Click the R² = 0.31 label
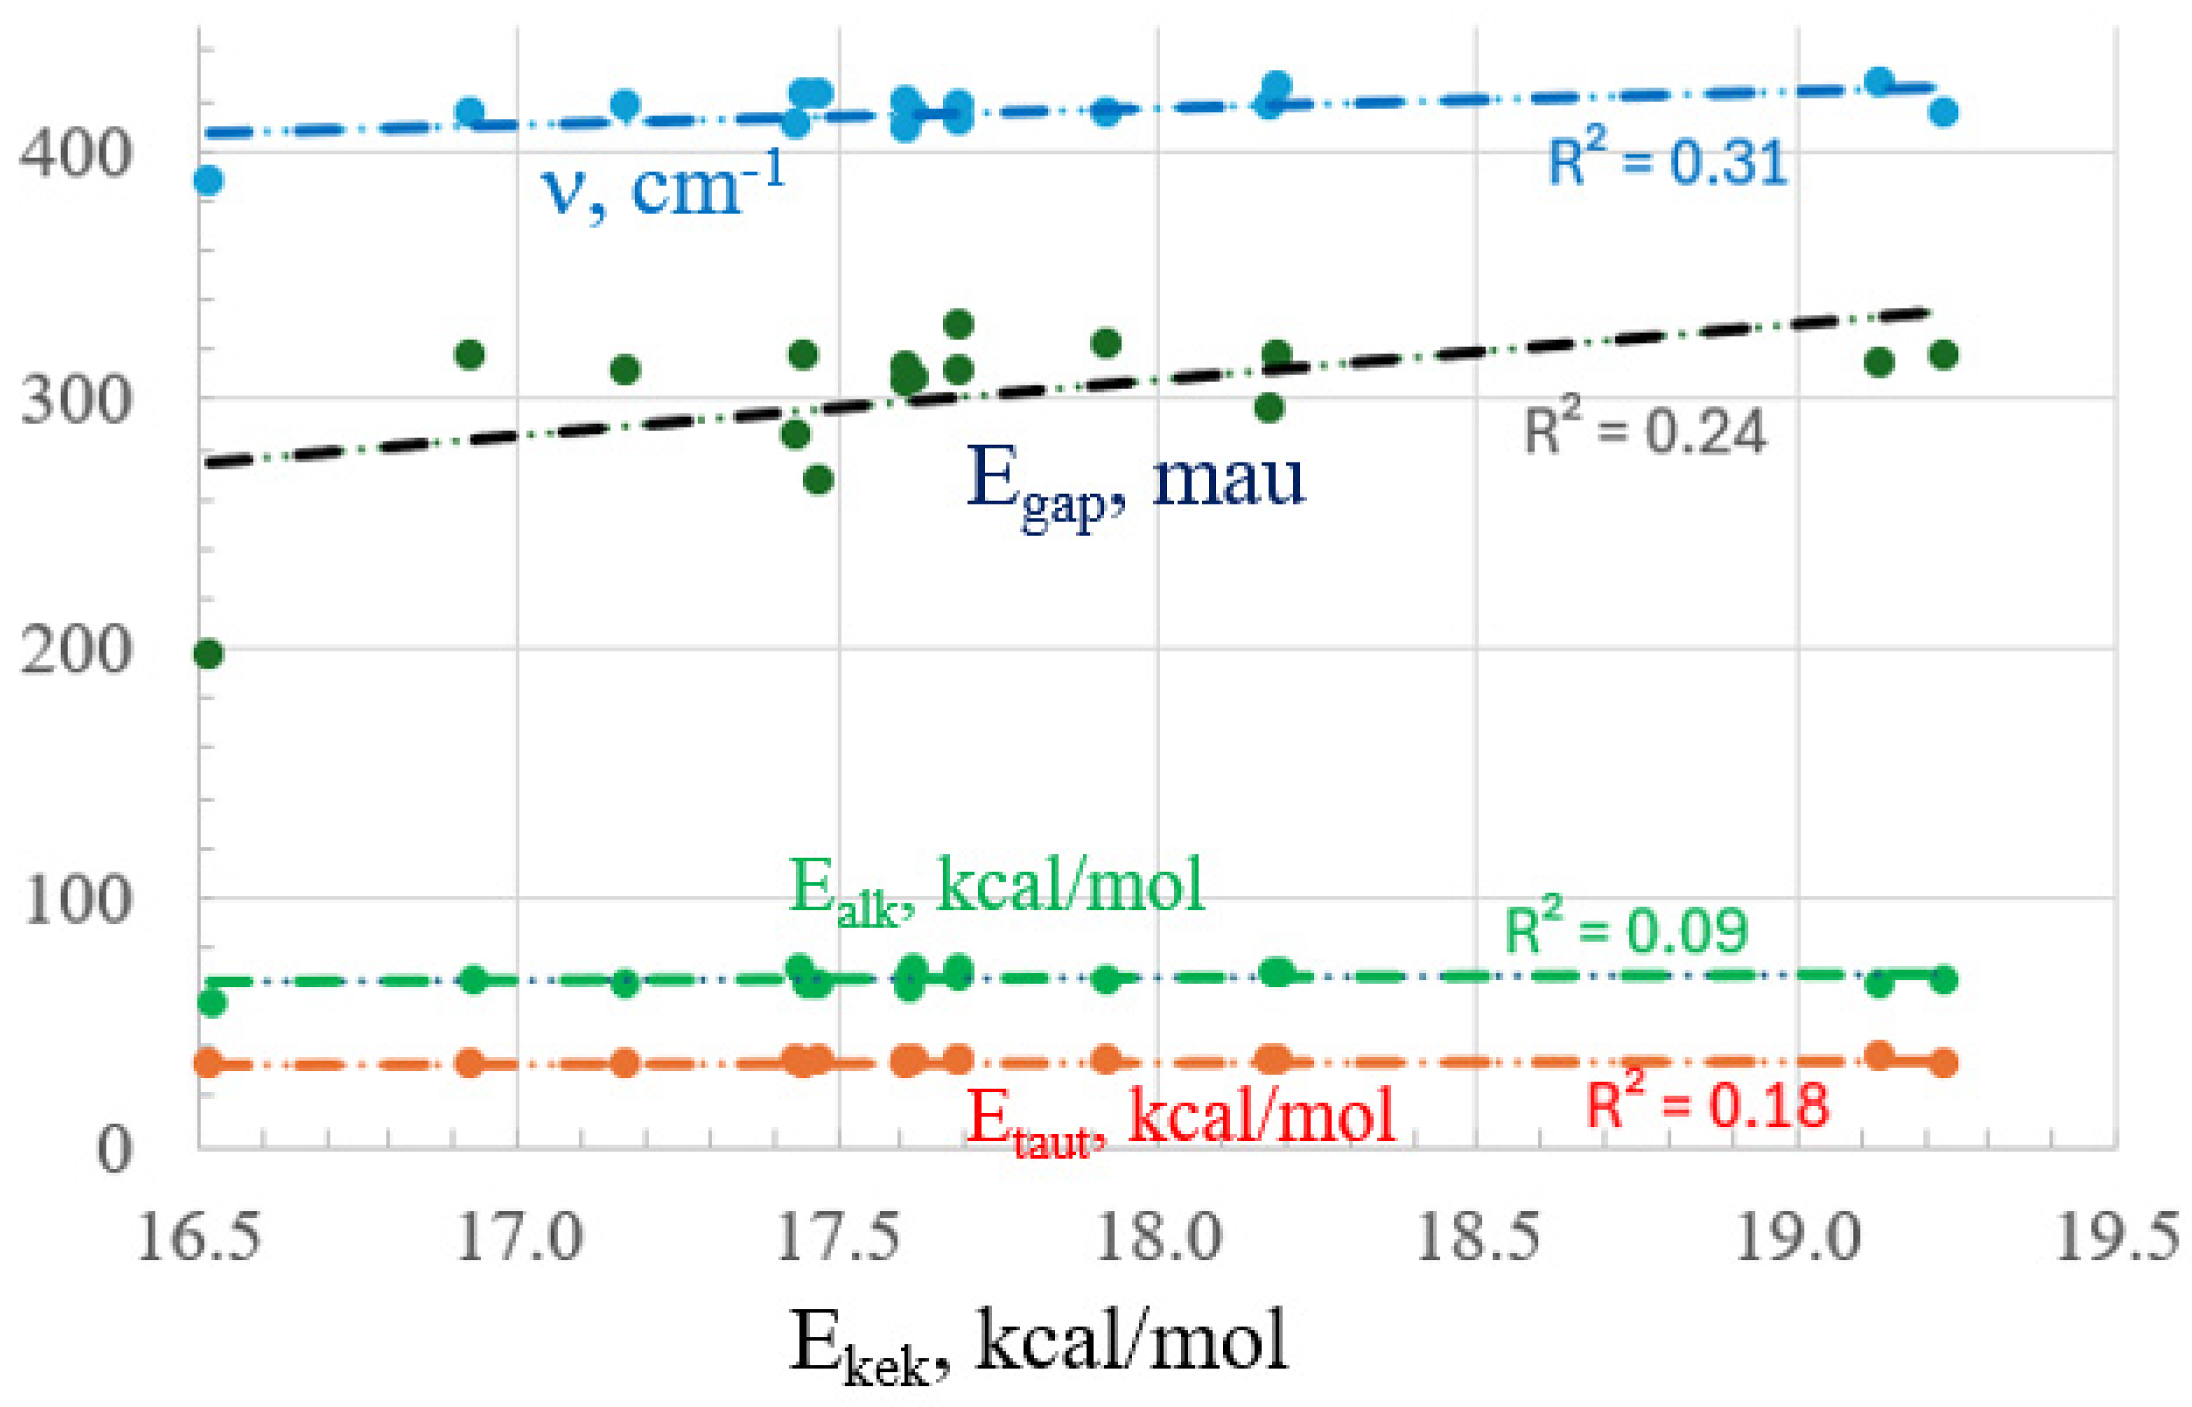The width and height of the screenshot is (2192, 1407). (1666, 161)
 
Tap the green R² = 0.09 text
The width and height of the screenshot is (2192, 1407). (1625, 930)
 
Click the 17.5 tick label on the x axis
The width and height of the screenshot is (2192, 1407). (838, 1239)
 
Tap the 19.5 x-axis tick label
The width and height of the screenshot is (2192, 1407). (2117, 1239)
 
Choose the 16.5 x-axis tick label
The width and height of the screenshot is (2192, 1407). (198, 1239)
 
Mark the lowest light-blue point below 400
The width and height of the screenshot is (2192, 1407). (209, 180)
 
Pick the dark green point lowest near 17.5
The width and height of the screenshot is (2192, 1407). (818, 480)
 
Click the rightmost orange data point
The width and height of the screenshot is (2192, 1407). (1944, 1063)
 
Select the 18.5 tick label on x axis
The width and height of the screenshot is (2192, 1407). (1478, 1239)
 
